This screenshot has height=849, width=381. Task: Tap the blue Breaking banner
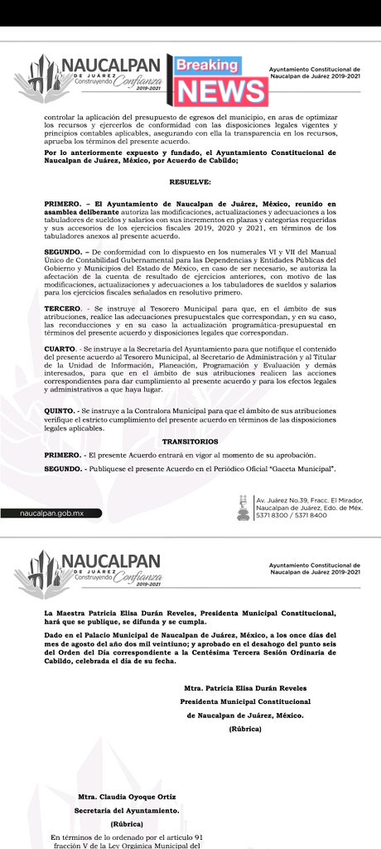[207, 65]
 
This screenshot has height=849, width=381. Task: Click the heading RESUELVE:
[190, 181]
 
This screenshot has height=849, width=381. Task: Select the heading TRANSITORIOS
[190, 441]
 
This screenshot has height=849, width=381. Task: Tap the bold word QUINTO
[60, 410]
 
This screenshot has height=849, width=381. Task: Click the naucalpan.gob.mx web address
[52, 513]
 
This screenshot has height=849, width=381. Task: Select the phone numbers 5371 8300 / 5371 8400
[292, 515]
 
